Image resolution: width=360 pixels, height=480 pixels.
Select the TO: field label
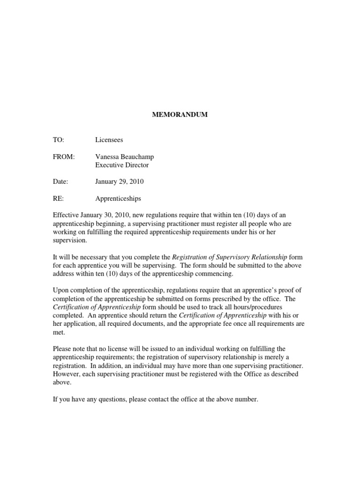59,140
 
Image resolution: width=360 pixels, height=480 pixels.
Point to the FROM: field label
63,157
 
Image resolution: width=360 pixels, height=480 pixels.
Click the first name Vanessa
108,157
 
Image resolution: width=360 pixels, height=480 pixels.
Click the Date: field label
60,181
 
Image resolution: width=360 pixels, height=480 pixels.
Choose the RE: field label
58,198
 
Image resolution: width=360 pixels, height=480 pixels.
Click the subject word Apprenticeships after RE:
118,198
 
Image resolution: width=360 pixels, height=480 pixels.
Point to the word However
67,374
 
